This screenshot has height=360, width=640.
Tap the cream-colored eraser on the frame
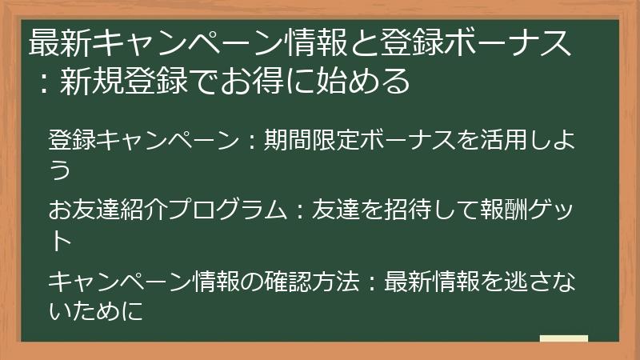pos(564,338)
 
